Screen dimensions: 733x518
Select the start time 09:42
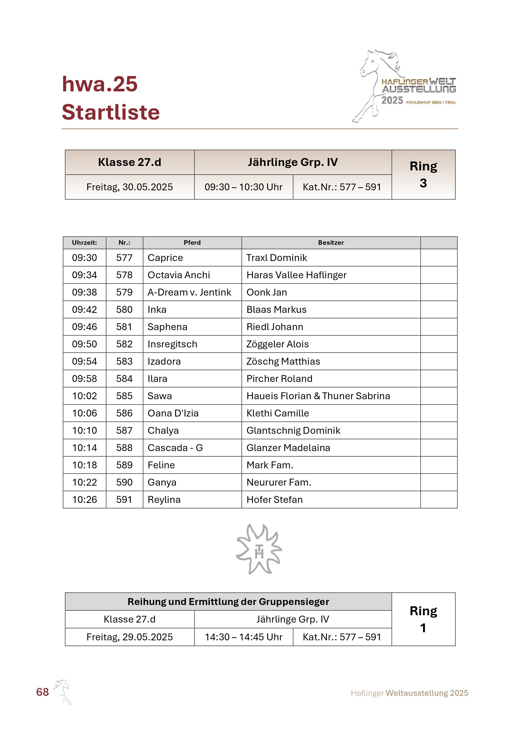(84, 309)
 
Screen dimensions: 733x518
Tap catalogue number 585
(124, 396)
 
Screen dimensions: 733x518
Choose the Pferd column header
(192, 243)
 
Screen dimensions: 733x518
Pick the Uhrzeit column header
(84, 243)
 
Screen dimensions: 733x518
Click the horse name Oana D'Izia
(173, 413)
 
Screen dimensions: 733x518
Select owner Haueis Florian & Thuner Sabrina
(318, 396)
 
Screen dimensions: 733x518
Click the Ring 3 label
(423, 174)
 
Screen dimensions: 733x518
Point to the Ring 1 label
(423, 619)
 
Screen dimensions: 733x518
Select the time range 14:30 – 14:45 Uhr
(243, 637)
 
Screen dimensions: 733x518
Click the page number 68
(42, 692)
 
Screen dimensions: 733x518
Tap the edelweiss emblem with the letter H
(259, 549)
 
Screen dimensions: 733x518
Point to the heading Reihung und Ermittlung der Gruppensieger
(228, 602)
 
